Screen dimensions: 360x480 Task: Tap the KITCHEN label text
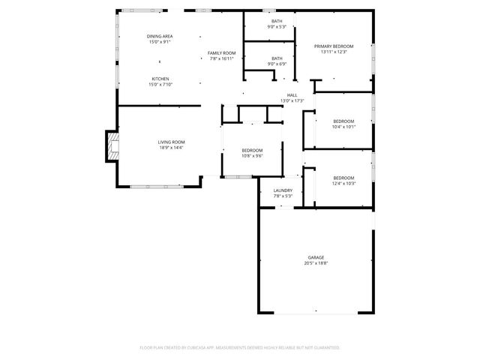click(x=160, y=79)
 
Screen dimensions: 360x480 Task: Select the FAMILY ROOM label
click(x=222, y=52)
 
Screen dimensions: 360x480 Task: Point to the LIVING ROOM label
click(x=171, y=142)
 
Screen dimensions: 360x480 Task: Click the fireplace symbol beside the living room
click(x=111, y=145)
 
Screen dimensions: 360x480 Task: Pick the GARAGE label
click(x=316, y=257)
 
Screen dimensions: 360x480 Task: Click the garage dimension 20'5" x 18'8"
click(x=316, y=263)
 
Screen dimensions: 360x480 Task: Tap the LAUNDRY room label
click(x=283, y=190)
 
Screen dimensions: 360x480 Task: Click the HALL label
click(x=292, y=94)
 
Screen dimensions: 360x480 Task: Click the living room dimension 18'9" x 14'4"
click(x=171, y=148)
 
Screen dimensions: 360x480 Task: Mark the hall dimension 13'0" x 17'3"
click(x=292, y=100)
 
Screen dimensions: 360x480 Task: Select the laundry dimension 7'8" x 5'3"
click(x=283, y=196)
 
